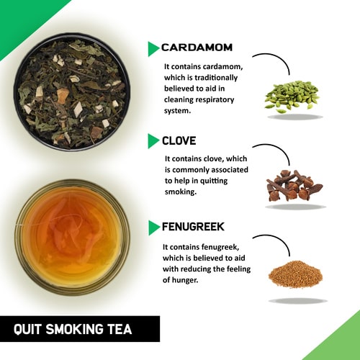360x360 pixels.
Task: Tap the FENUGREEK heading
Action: (193, 227)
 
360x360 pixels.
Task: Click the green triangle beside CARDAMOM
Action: (153, 49)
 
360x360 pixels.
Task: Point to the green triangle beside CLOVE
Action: (153, 140)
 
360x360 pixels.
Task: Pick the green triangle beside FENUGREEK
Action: (153, 228)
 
